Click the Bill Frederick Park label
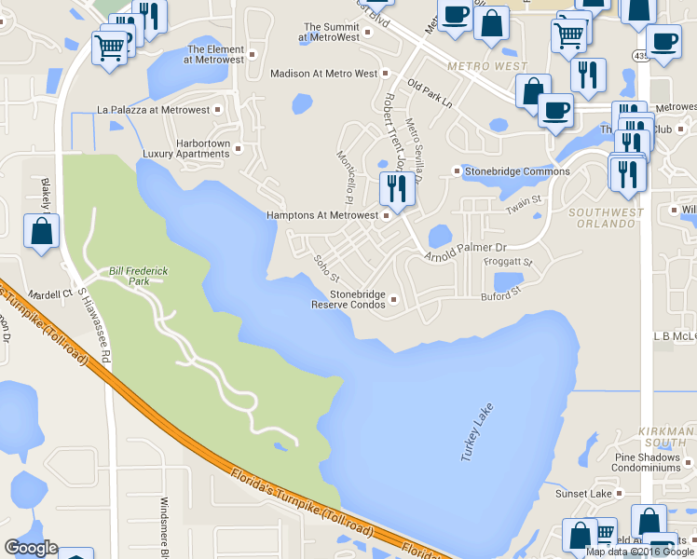pyautogui.click(x=138, y=276)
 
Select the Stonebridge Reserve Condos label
pyautogui.click(x=347, y=299)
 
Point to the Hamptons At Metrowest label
pyautogui.click(x=322, y=215)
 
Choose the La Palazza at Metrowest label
pyautogui.click(x=154, y=110)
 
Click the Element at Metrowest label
pyautogui.click(x=214, y=54)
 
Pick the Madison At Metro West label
pyautogui.click(x=323, y=73)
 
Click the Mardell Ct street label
pyautogui.click(x=51, y=293)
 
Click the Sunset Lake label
pyautogui.click(x=583, y=493)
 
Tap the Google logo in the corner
pyautogui.click(x=31, y=548)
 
